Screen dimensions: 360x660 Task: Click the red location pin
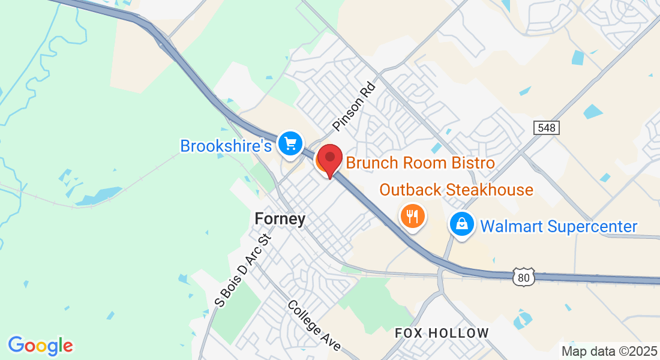point(329,160)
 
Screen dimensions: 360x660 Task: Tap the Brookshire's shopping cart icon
point(291,144)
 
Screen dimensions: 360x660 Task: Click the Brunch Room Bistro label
point(420,163)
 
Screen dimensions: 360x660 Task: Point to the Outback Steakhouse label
point(456,190)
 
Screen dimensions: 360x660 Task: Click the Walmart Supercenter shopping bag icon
point(462,226)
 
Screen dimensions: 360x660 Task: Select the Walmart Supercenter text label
point(559,226)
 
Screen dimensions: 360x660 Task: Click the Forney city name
point(280,219)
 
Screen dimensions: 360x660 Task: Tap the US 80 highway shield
point(523,277)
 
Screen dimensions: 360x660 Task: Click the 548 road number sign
point(546,128)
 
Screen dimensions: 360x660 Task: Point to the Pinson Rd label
point(354,107)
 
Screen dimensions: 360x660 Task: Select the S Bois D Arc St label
point(243,271)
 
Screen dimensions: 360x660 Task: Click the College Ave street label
point(314,325)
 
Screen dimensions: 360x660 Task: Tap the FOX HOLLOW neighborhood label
point(442,332)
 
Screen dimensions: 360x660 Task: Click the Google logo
point(40,346)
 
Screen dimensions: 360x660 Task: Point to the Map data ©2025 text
point(608,351)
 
